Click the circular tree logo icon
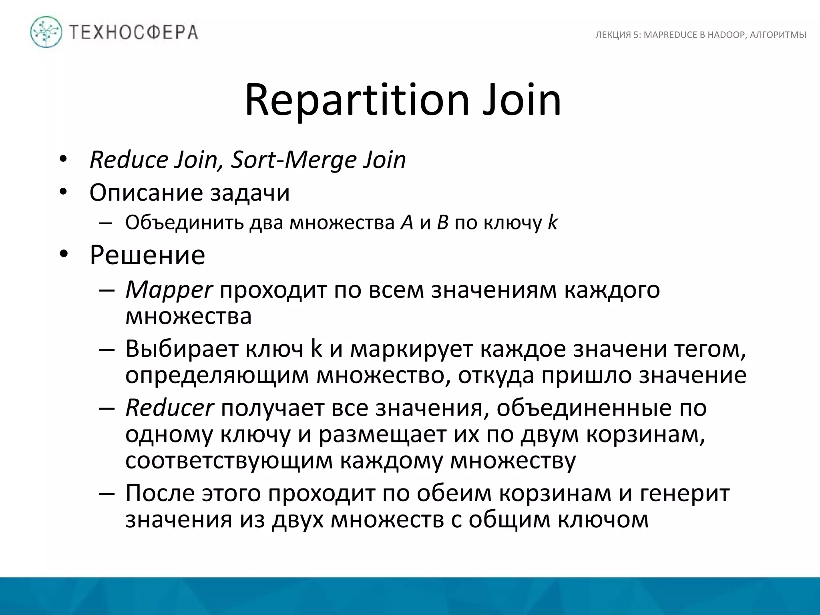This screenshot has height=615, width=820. [46, 32]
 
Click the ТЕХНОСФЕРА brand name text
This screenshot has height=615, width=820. [134, 32]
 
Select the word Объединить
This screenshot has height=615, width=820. [184, 223]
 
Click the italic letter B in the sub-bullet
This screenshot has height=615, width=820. [442, 223]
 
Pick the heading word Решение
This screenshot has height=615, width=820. [147, 255]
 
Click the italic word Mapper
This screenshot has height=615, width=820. [169, 289]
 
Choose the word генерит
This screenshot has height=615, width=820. [685, 493]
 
